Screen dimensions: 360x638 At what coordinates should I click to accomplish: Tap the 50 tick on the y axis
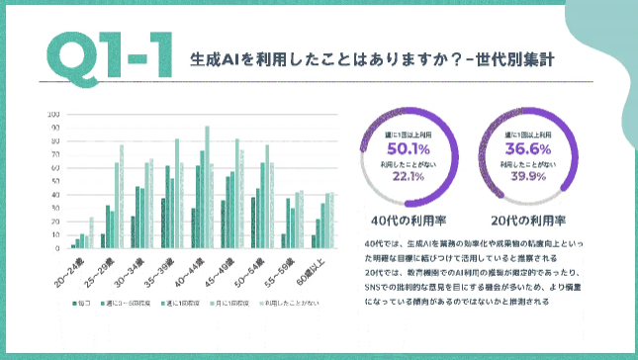point(53,180)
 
